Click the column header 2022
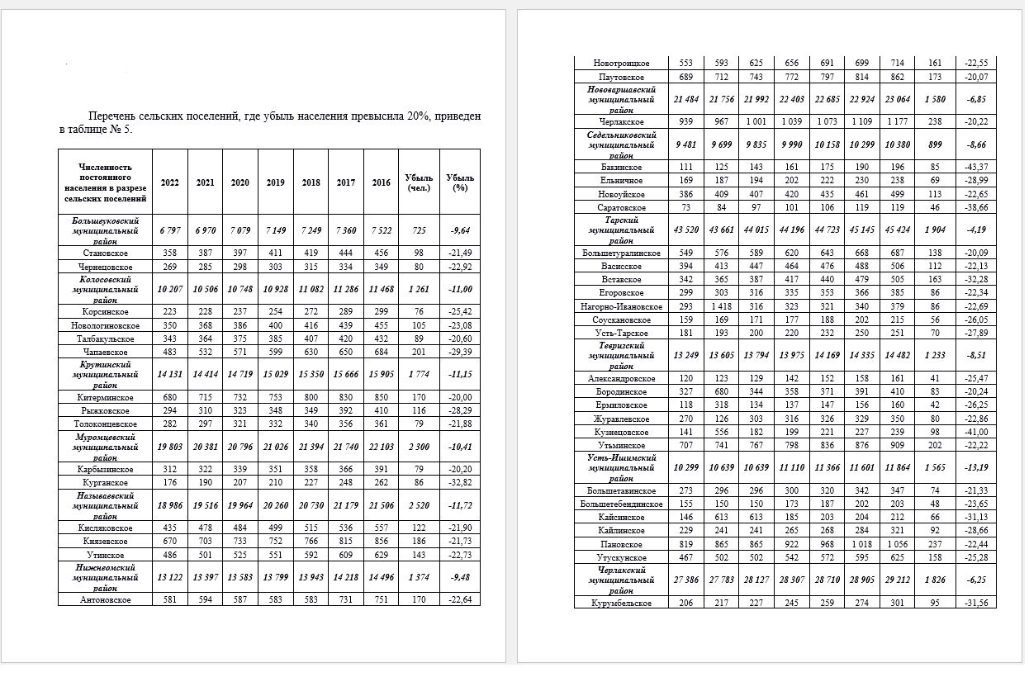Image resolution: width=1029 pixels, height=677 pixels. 170,182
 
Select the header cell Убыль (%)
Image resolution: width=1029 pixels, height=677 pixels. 460,182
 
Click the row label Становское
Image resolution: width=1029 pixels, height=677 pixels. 105,253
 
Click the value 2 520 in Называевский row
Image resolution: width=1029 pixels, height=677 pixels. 419,506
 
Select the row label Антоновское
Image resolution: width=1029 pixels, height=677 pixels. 105,599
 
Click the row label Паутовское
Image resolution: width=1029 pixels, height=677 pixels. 621,78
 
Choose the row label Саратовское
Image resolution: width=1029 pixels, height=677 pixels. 621,207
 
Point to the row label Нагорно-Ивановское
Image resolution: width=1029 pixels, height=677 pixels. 621,306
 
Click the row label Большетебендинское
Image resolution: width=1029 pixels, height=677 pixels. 621,504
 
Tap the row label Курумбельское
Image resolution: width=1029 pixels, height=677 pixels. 621,604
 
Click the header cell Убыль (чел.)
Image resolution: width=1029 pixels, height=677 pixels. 419,182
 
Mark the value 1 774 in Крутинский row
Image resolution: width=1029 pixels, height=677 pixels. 419,375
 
